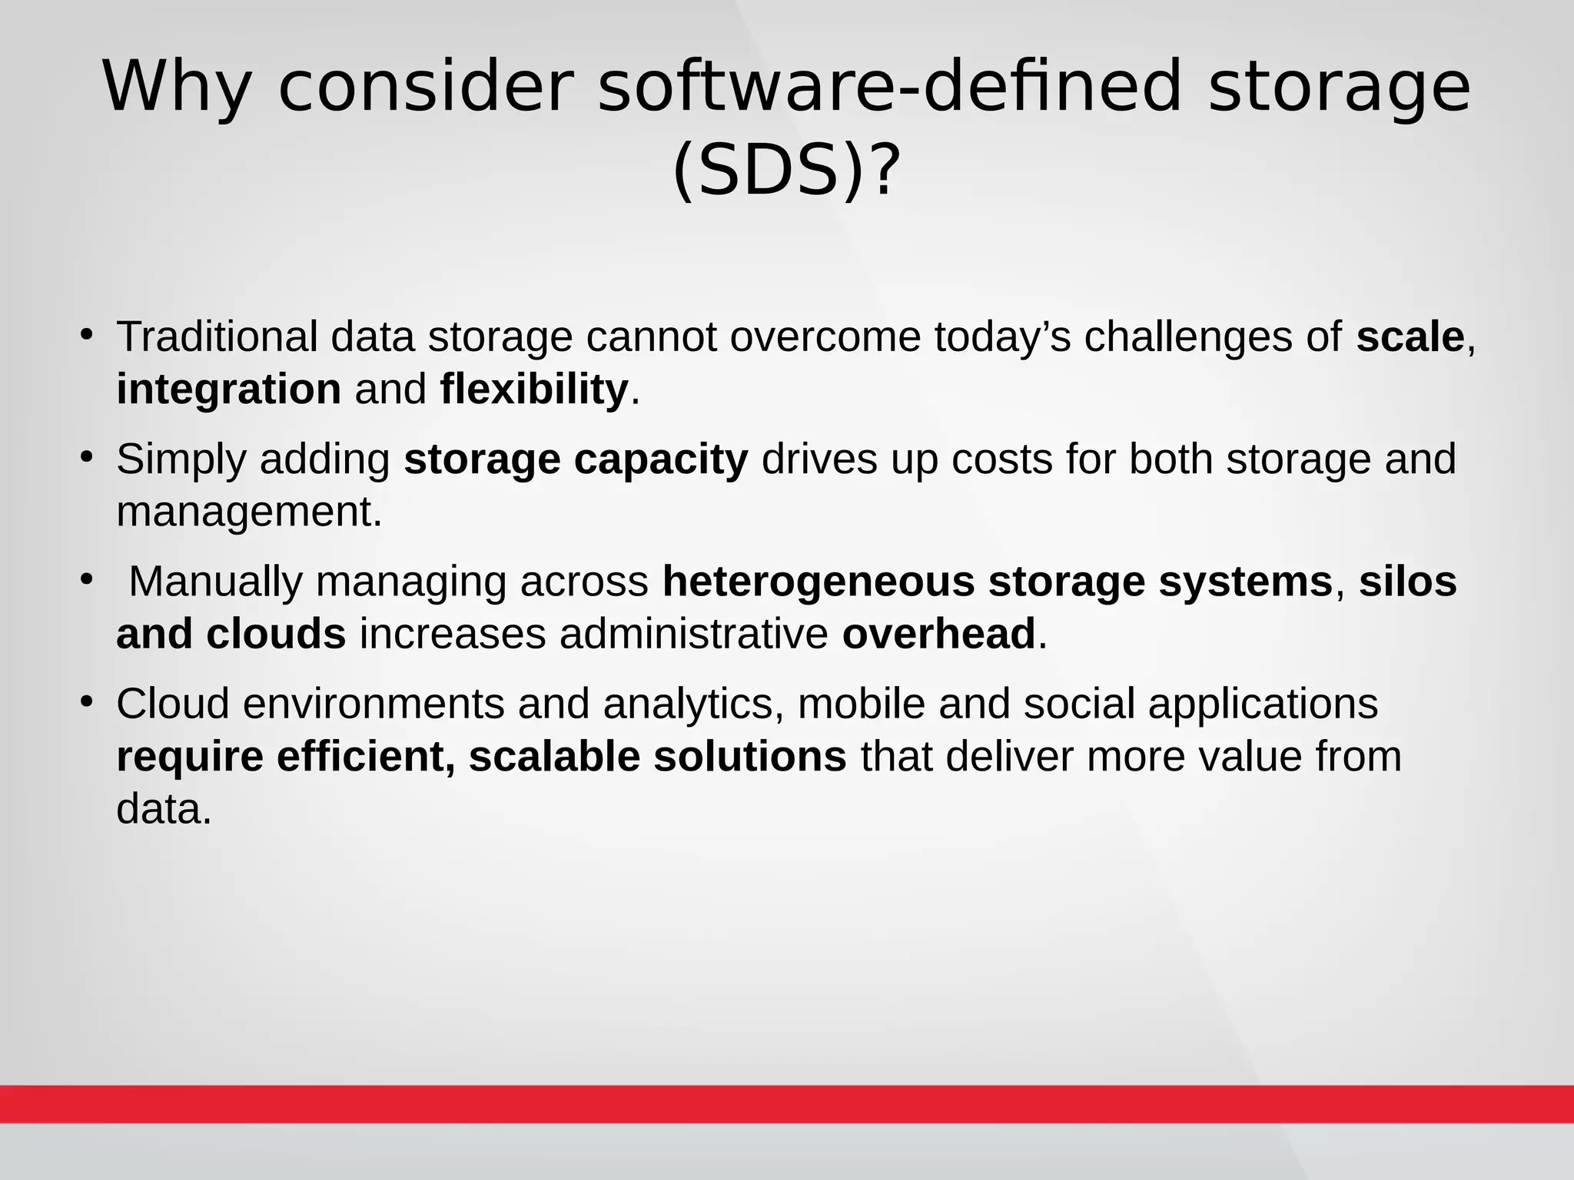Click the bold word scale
click(1410, 337)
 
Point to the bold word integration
click(228, 389)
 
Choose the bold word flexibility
click(534, 389)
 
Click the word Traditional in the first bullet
click(217, 337)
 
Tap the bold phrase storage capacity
click(576, 459)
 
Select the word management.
click(249, 512)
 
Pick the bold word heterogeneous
click(819, 582)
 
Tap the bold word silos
click(1407, 582)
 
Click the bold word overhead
click(938, 635)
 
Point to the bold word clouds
click(276, 635)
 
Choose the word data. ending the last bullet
click(164, 809)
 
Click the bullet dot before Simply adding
click(87, 457)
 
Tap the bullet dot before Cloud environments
click(87, 701)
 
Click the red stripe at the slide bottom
click(787, 1104)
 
